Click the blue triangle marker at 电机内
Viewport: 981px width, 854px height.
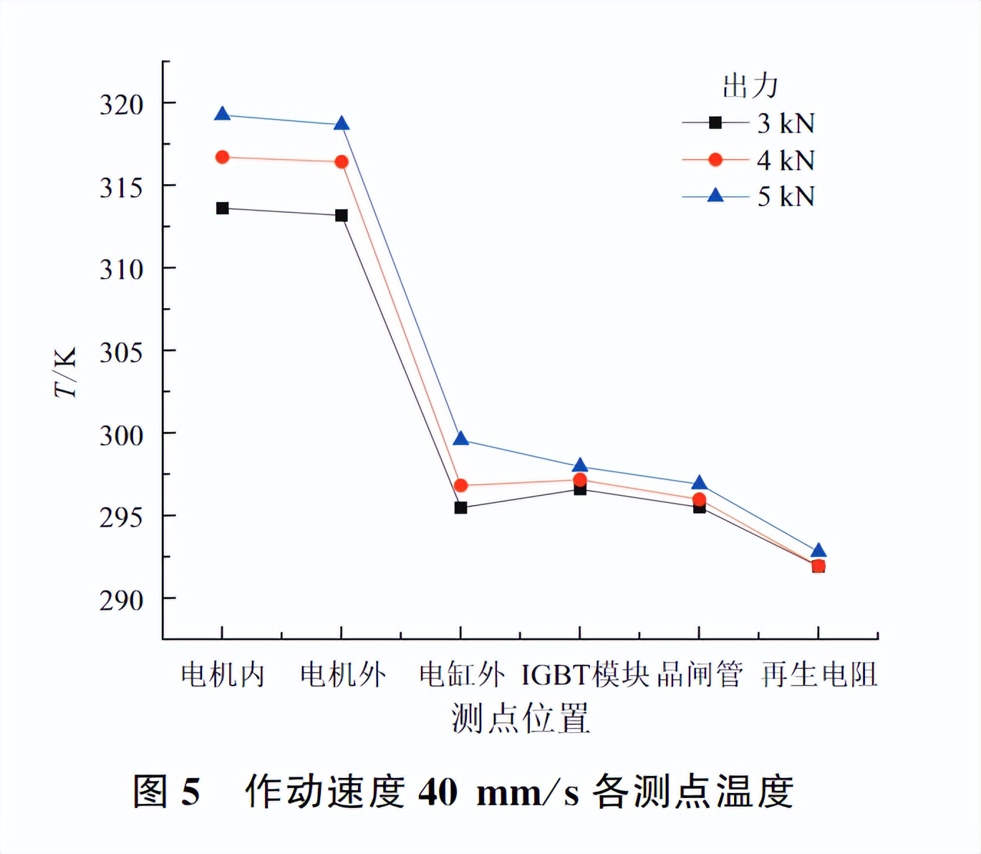[x=222, y=114]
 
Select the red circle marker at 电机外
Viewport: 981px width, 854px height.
[x=342, y=162]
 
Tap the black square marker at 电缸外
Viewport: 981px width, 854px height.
[x=460, y=507]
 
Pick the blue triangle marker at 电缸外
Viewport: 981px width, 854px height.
[x=461, y=438]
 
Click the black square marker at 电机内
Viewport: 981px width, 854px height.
[x=222, y=208]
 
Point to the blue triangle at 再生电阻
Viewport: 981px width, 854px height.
[x=818, y=550]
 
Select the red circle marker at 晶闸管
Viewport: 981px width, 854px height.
[x=699, y=499]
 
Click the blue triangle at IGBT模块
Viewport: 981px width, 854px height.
[x=580, y=465]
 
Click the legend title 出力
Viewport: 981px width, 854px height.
[x=750, y=86]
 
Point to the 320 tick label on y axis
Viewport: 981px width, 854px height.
[x=122, y=105]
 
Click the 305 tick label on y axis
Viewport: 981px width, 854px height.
[x=122, y=352]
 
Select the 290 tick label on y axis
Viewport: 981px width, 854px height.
[x=122, y=600]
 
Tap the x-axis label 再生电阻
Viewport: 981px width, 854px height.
[x=819, y=675]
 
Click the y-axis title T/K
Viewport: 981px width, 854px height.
[x=65, y=373]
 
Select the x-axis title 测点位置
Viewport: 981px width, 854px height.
[x=521, y=718]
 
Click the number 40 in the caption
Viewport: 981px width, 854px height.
[x=438, y=792]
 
